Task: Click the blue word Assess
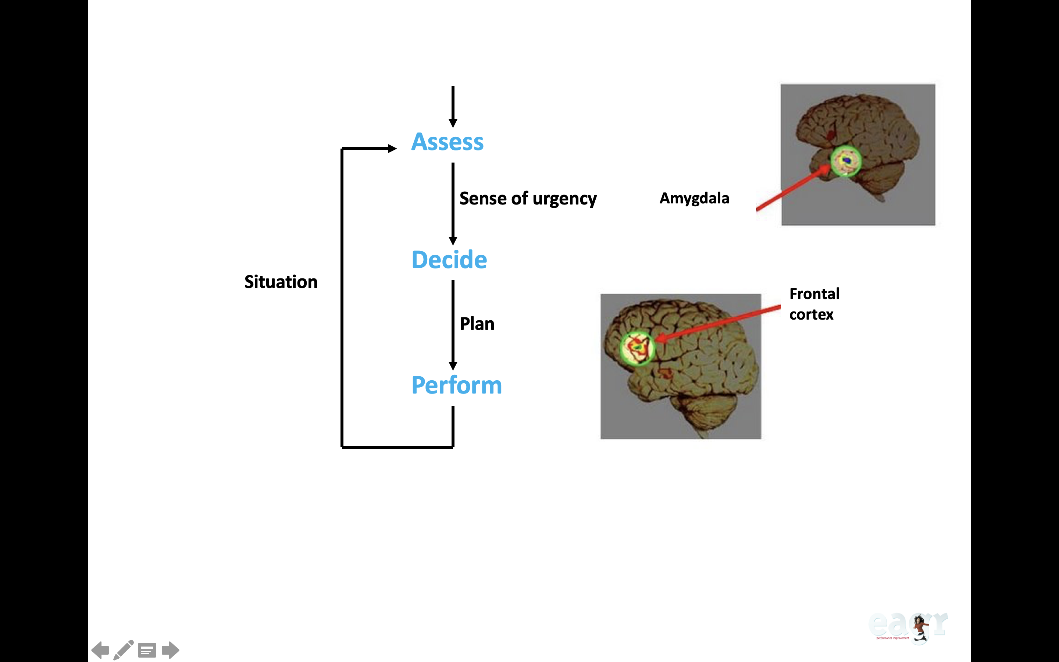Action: tap(447, 142)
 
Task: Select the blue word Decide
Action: tap(449, 260)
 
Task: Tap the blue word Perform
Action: tap(456, 385)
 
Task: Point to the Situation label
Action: tap(281, 282)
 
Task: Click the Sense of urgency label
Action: tap(528, 199)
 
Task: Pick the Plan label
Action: tap(477, 324)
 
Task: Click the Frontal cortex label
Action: tap(814, 304)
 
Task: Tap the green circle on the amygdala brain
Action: tap(845, 161)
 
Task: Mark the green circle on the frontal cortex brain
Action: tap(637, 348)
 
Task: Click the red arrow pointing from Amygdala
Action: tap(792, 188)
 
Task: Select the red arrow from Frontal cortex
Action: tap(718, 323)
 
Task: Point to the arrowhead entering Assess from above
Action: tap(453, 122)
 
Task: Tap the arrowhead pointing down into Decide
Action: tap(453, 241)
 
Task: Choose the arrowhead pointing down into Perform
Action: tap(453, 366)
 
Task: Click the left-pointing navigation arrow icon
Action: tap(100, 650)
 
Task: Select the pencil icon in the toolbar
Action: tap(124, 650)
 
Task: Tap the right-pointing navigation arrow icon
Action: tap(170, 650)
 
